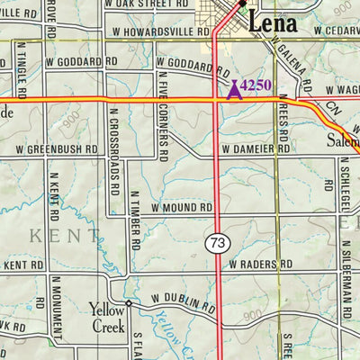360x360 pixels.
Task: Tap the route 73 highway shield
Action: [x=216, y=242]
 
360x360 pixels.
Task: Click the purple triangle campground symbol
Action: [x=235, y=88]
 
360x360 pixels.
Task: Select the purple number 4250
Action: [x=256, y=85]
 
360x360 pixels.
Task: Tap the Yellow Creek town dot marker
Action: [x=129, y=303]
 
